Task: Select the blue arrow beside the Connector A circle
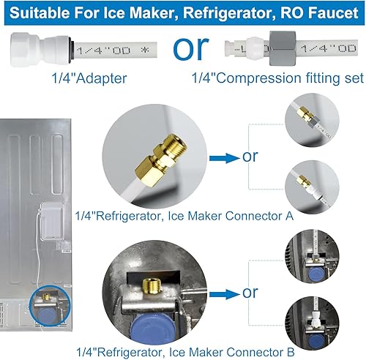coord(225,155)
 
